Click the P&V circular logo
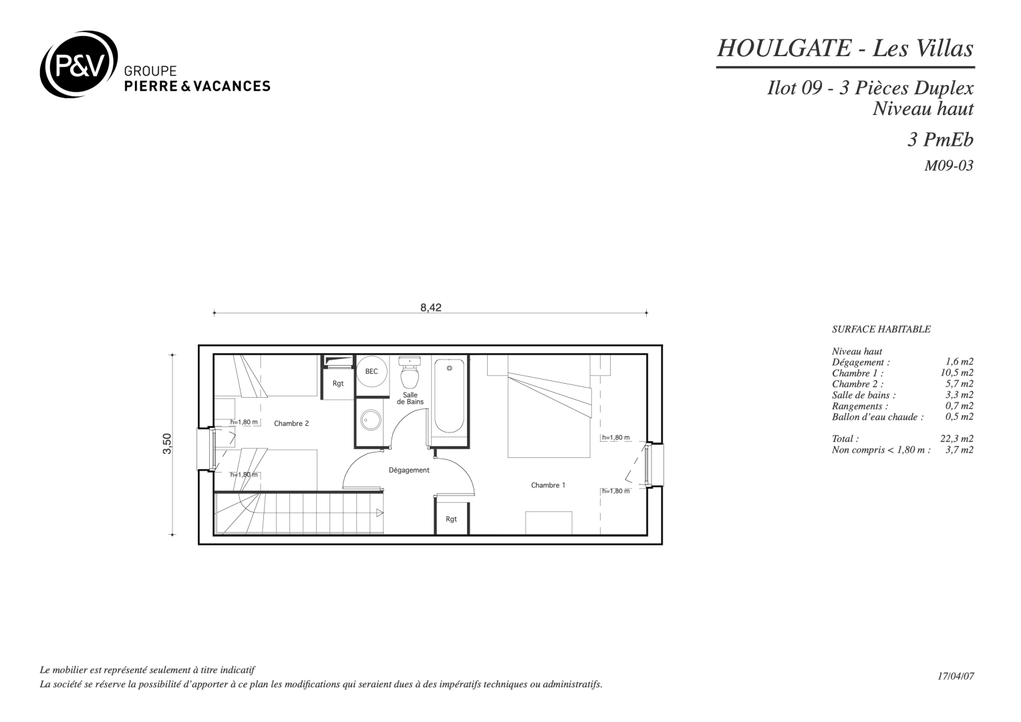click(x=79, y=64)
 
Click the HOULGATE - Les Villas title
click(x=845, y=48)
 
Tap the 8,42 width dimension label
click(x=431, y=308)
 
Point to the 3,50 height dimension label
click(x=167, y=443)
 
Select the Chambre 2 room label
click(x=291, y=424)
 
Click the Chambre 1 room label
click(x=548, y=485)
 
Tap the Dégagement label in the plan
click(x=409, y=470)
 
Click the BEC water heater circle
click(x=372, y=371)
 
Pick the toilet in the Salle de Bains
click(x=410, y=372)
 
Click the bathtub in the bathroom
click(x=450, y=396)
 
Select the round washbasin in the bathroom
click(x=371, y=420)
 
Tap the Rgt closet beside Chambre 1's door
click(x=451, y=517)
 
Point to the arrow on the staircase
click(x=380, y=513)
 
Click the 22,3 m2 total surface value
click(x=957, y=439)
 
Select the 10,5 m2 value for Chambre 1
click(x=957, y=372)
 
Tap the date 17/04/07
click(x=956, y=676)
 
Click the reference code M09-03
click(x=949, y=166)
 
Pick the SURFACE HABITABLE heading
click(x=881, y=330)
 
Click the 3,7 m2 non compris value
click(x=960, y=450)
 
